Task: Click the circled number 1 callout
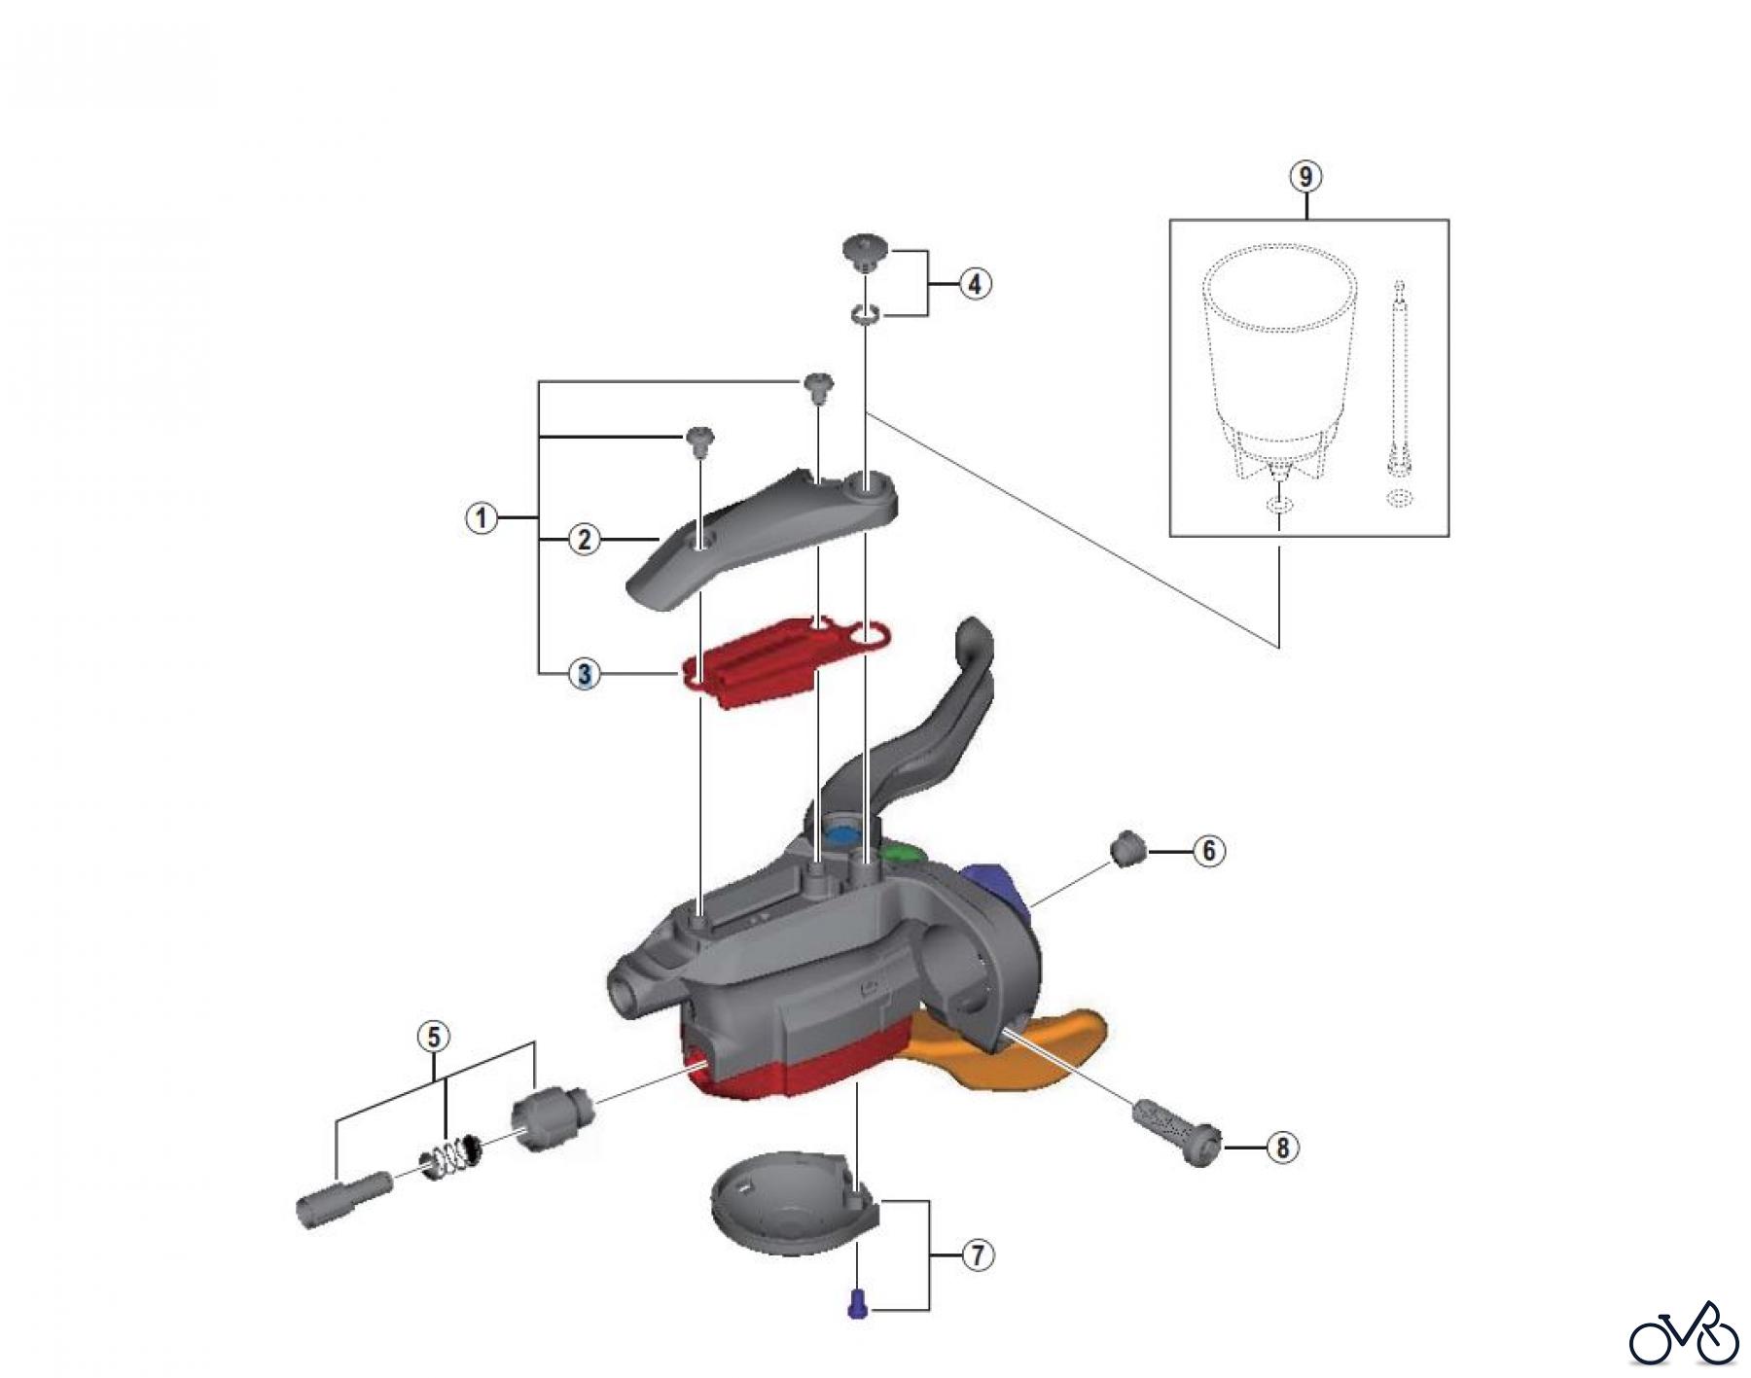pyautogui.click(x=481, y=517)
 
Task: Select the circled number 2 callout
pyautogui.click(x=584, y=539)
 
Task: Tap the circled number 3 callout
pyautogui.click(x=584, y=673)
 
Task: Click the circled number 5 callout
pyautogui.click(x=434, y=1037)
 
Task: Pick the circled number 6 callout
pyautogui.click(x=1208, y=851)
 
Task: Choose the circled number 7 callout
pyautogui.click(x=978, y=1255)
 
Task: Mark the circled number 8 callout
pyautogui.click(x=1282, y=1148)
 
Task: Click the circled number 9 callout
pyautogui.click(x=1305, y=177)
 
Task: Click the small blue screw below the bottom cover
pyautogui.click(x=857, y=1303)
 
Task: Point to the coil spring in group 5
pyautogui.click(x=451, y=1154)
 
